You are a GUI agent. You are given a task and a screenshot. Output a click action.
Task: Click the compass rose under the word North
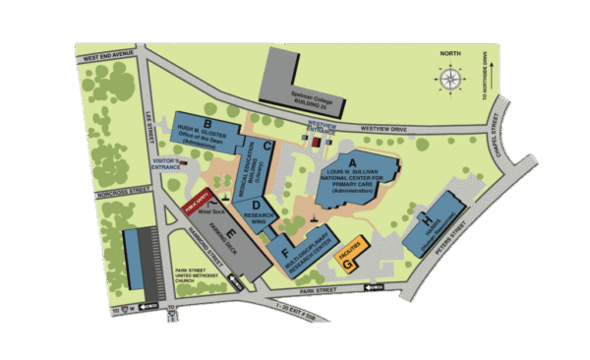[x=449, y=78]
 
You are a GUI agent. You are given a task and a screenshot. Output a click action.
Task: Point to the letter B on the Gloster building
[x=207, y=122]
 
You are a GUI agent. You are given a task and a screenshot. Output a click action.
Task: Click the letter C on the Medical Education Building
[x=267, y=146]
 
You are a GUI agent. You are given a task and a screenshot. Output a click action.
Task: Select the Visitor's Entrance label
[x=161, y=161]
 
